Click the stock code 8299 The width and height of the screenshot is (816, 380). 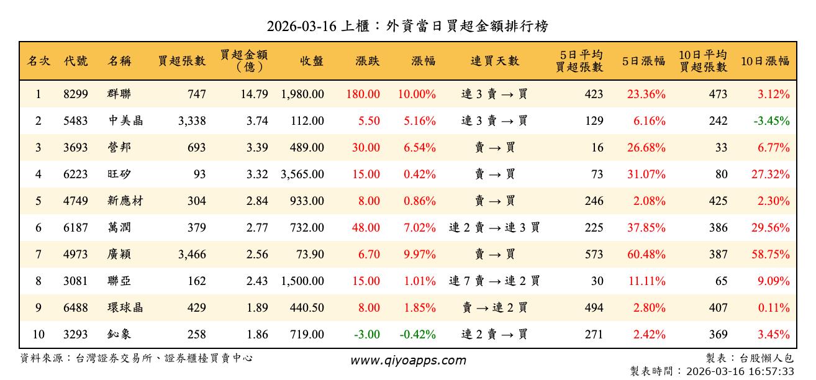tap(76, 94)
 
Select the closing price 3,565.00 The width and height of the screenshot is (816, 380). tap(302, 174)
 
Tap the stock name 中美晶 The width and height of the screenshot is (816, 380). tap(125, 121)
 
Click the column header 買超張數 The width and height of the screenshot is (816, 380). tap(181, 61)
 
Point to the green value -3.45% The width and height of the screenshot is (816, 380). tap(771, 121)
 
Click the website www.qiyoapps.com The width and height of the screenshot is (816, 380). tap(408, 361)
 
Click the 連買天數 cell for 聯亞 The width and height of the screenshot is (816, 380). tap(494, 281)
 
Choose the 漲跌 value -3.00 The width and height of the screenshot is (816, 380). tap(367, 335)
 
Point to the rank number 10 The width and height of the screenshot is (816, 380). tap(39, 335)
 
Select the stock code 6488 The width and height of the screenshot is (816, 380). tap(76, 308)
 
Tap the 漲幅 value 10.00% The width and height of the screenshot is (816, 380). tap(417, 94)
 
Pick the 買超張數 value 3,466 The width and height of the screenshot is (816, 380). tap(191, 255)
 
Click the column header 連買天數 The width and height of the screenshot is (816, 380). tap(495, 61)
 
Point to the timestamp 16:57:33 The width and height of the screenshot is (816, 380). tap(772, 371)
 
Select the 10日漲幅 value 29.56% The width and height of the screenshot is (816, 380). tap(771, 228)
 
